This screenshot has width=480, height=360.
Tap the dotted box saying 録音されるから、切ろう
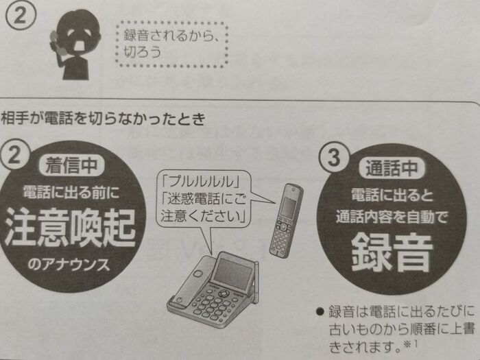[171, 44]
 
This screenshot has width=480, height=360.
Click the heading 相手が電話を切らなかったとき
[103, 119]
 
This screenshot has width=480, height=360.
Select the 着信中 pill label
[71, 166]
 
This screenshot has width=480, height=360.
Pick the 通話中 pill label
[392, 168]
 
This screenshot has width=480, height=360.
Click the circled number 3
[333, 157]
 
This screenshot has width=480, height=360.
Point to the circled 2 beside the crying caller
[21, 15]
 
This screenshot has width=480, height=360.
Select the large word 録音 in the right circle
[392, 253]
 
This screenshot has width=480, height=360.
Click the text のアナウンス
[69, 264]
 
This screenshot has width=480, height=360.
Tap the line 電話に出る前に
[71, 193]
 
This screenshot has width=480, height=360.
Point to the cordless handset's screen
[288, 207]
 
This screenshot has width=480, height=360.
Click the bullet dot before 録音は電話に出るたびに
[320, 311]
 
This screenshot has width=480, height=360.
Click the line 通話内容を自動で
[392, 217]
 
